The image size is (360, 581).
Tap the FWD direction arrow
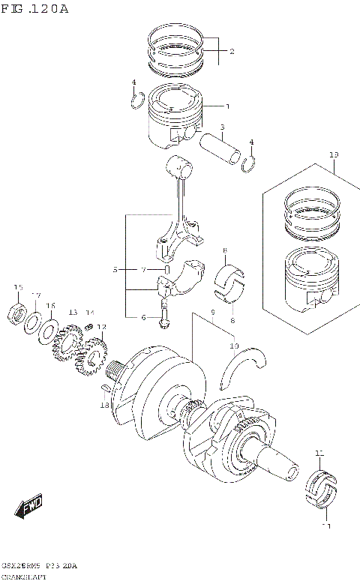point(31,508)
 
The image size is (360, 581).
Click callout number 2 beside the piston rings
point(232,52)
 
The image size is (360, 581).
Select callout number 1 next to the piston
point(228,106)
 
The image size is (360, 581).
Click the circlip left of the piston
point(135,100)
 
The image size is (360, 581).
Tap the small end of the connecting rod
point(180,166)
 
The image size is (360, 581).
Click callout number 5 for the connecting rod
point(115,269)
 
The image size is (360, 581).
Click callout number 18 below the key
point(104,405)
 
